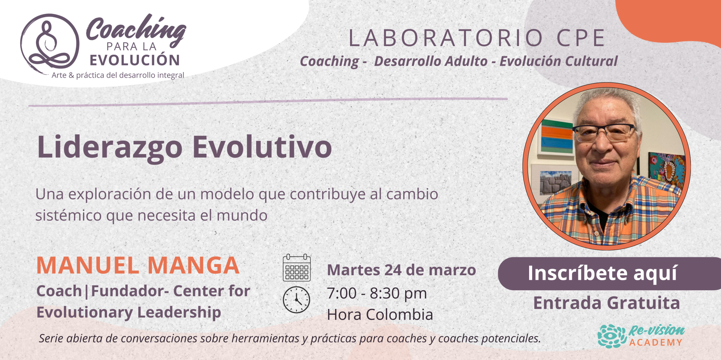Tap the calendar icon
coord(297,268)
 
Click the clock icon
coord(297,300)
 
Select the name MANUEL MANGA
coord(138,265)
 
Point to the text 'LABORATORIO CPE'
coord(477,38)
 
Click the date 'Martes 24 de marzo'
coord(401,270)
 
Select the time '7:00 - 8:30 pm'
coord(377,293)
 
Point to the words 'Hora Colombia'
coord(380,315)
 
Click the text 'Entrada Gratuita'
coord(606,303)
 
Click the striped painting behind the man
coord(557,137)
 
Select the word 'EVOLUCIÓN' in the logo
coord(135,60)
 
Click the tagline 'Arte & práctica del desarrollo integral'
coord(118,75)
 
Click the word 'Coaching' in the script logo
coord(136,29)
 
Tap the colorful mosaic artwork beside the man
coord(667,169)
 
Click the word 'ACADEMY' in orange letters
coord(656,342)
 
